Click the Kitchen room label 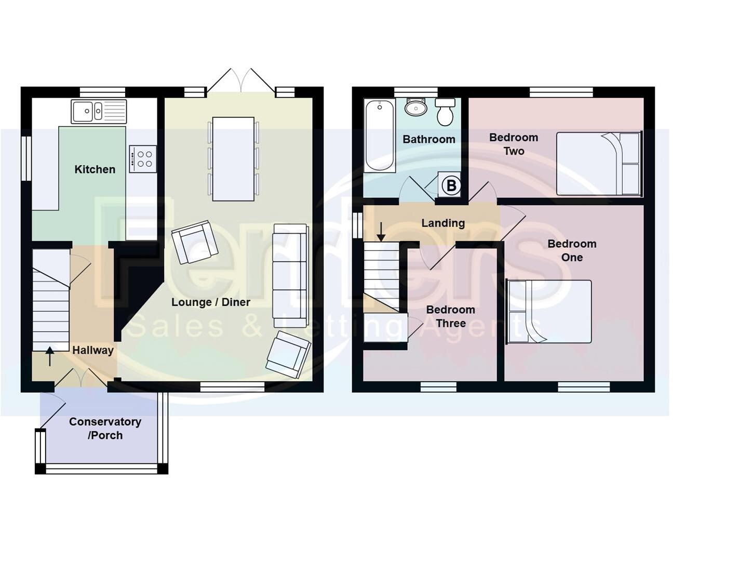[x=95, y=169]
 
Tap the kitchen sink [x=99, y=111]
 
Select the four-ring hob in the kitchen [x=143, y=158]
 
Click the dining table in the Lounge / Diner [x=233, y=159]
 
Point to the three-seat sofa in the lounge [x=290, y=275]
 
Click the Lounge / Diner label [x=211, y=302]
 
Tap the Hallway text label [x=93, y=351]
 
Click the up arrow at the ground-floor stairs [x=50, y=356]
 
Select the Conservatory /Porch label [x=105, y=429]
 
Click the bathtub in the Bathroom [x=379, y=136]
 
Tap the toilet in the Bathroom [x=445, y=112]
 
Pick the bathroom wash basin [x=415, y=108]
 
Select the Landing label [x=443, y=223]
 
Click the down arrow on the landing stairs [x=381, y=232]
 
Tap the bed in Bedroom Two [x=599, y=164]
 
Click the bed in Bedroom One [x=549, y=312]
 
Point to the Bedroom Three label [x=450, y=316]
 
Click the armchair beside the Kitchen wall [x=195, y=242]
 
